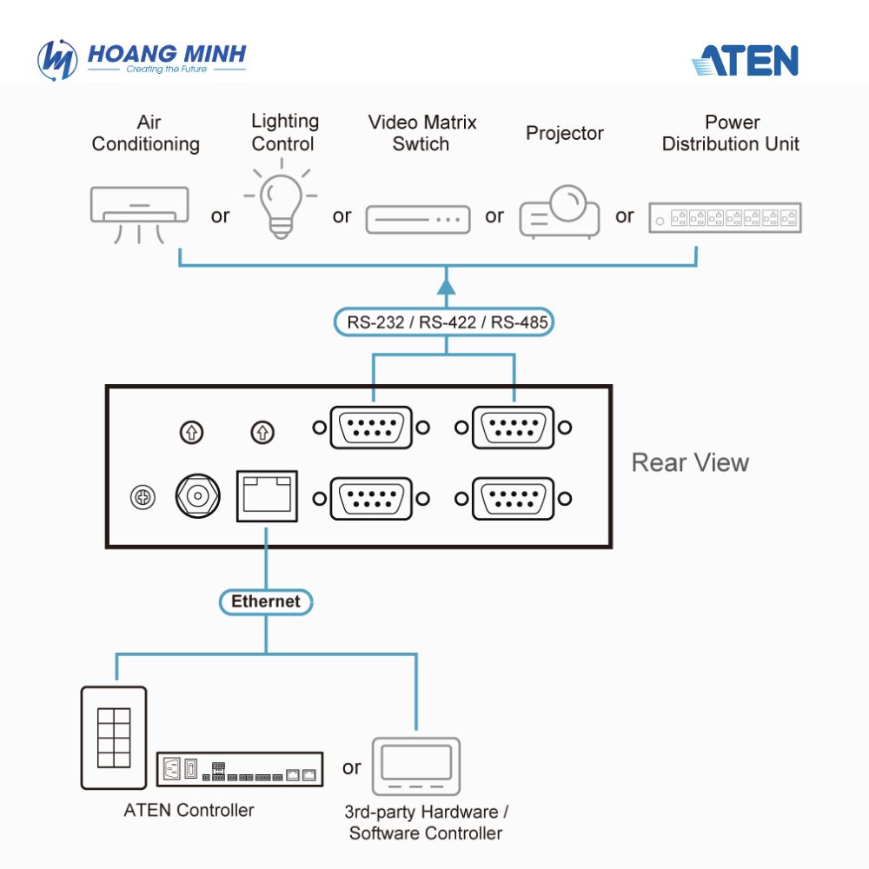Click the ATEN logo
click(745, 60)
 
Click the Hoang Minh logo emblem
click(57, 60)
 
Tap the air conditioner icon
click(139, 215)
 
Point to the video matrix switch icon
click(418, 220)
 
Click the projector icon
click(559, 211)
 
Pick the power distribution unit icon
click(726, 217)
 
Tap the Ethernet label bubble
click(266, 602)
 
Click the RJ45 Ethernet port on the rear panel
click(267, 496)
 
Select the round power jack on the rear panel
click(198, 496)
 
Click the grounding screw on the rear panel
click(143, 497)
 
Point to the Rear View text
click(690, 463)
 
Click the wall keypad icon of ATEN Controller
click(114, 738)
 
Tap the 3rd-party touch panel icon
click(416, 766)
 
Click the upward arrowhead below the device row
click(446, 286)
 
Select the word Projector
click(565, 134)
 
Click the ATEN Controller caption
click(189, 810)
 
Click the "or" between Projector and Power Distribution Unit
click(625, 216)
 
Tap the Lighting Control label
click(285, 132)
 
